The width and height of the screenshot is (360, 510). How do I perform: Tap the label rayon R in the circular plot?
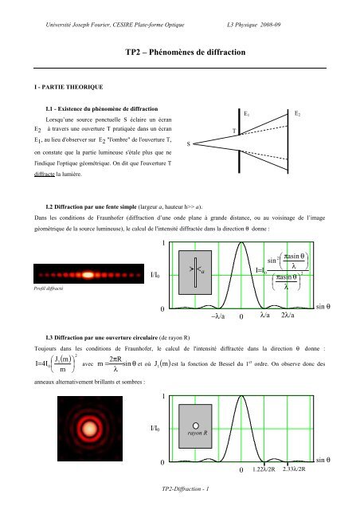pyautogui.click(x=198, y=434)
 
